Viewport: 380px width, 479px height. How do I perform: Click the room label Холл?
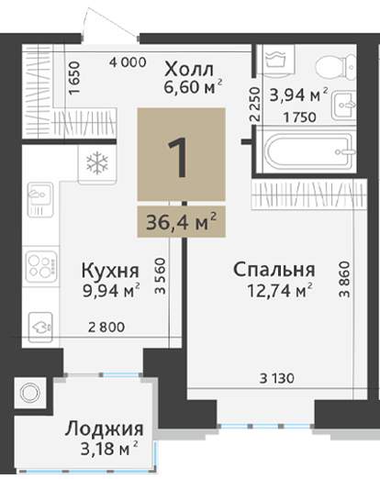[189, 70]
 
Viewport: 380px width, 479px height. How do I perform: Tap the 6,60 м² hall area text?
[193, 87]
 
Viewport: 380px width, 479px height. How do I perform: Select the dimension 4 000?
[128, 62]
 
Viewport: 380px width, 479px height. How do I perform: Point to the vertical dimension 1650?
[74, 78]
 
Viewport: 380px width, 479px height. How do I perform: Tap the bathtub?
[310, 151]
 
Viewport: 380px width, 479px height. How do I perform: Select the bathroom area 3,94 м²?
[298, 95]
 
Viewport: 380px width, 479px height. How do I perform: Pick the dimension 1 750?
[299, 117]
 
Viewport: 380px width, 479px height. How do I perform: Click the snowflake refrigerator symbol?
[97, 162]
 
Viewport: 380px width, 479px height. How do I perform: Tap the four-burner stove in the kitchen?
[41, 267]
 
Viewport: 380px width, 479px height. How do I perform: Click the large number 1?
[178, 157]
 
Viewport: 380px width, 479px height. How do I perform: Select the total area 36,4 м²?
[182, 222]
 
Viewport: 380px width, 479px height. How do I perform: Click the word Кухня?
[110, 271]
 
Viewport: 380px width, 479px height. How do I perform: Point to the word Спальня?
[274, 270]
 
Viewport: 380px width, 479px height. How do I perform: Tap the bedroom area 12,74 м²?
[280, 291]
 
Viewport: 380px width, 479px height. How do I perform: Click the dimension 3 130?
[277, 379]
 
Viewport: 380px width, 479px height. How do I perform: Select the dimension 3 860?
[344, 279]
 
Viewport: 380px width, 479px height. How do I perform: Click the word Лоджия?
[104, 429]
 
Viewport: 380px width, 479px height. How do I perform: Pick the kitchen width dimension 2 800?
[106, 328]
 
